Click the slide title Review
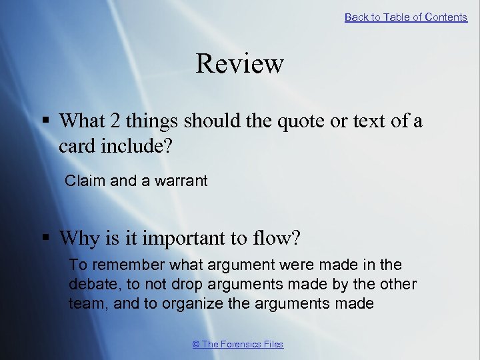[x=240, y=64]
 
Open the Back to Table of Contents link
[x=406, y=17]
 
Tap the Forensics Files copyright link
[x=238, y=344]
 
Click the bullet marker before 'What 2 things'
[x=45, y=121]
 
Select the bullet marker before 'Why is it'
[x=45, y=237]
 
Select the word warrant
[x=181, y=180]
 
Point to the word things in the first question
[x=153, y=121]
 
